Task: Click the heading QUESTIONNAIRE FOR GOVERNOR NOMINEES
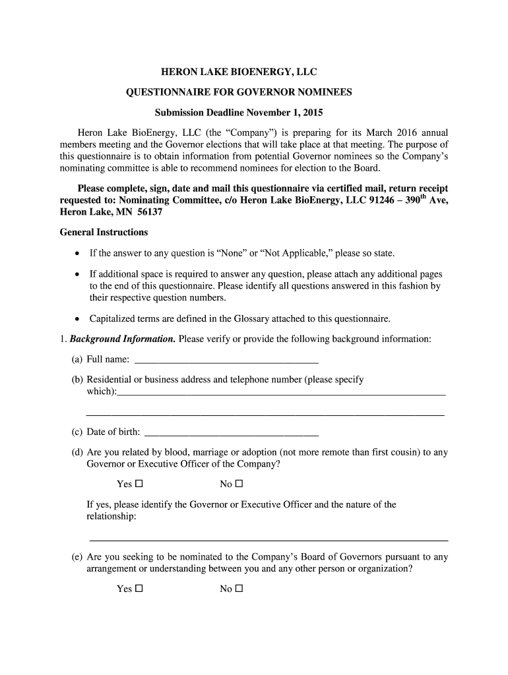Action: (x=239, y=92)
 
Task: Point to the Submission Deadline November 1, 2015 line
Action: (x=239, y=113)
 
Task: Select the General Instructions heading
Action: (x=104, y=232)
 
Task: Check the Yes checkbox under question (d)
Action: (x=139, y=484)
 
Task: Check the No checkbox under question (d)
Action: (x=239, y=484)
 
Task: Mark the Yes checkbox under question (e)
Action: (x=139, y=589)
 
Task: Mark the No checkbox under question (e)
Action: (x=239, y=589)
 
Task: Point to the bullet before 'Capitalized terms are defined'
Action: (x=78, y=319)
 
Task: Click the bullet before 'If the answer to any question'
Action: (x=78, y=254)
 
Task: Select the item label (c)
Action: (x=77, y=432)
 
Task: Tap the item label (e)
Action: (x=77, y=557)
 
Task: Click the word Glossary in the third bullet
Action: (x=251, y=318)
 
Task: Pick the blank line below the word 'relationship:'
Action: (x=267, y=539)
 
